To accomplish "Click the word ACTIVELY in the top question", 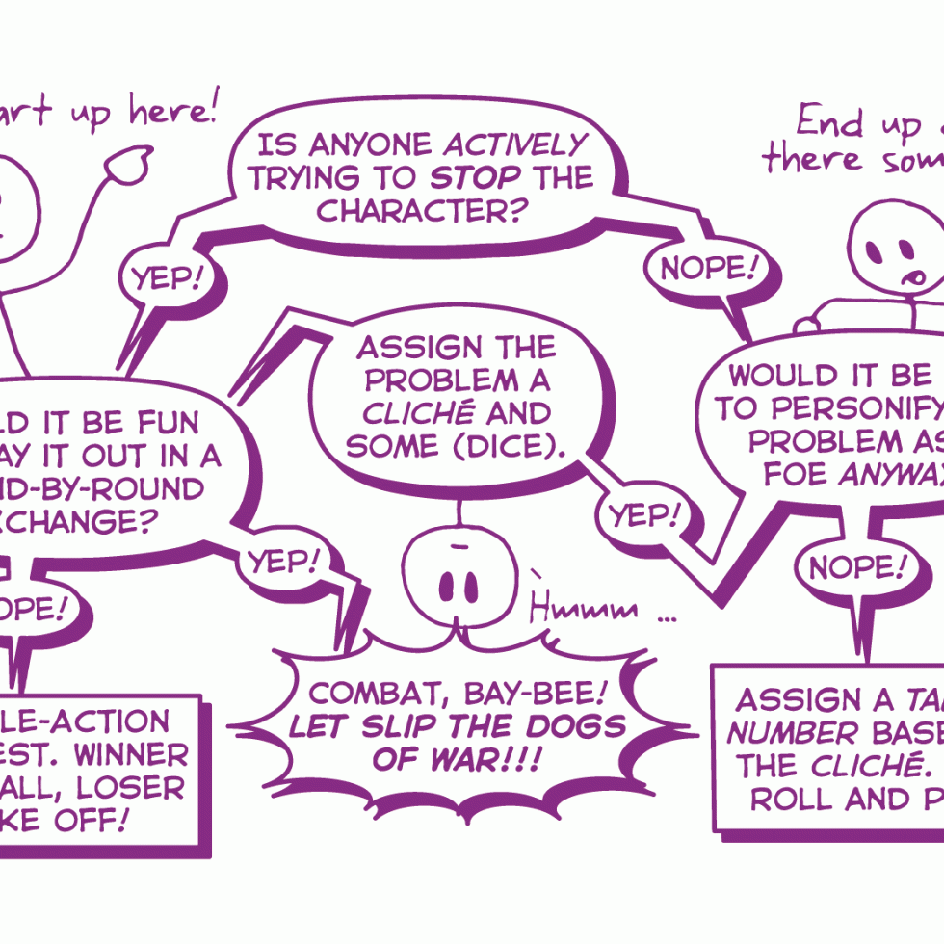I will (x=514, y=145).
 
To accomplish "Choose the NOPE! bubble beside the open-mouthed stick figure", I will (x=706, y=269).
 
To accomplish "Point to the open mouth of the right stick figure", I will (x=910, y=279).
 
